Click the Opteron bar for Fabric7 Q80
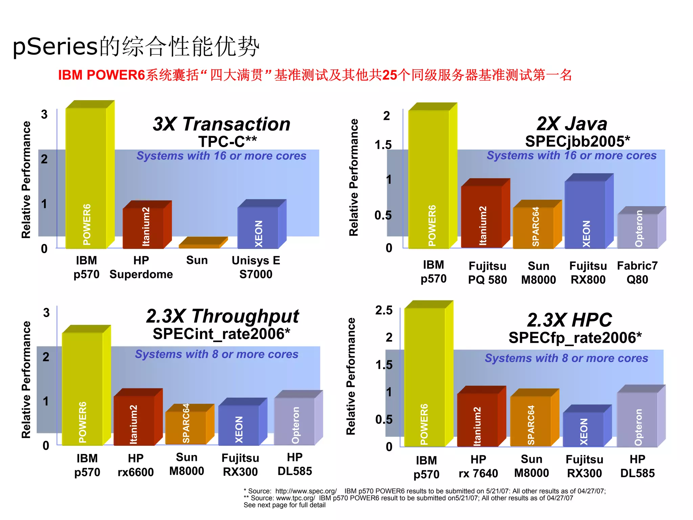click(638, 230)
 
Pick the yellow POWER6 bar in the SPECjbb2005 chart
click(429, 179)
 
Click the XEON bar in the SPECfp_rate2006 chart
click(583, 428)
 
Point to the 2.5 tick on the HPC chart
click(384, 310)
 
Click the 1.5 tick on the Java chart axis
click(383, 145)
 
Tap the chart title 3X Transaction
click(222, 124)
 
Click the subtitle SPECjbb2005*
click(577, 141)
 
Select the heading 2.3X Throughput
click(222, 316)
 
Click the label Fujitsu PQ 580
click(487, 273)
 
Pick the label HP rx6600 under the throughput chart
click(136, 465)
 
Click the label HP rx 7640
click(478, 467)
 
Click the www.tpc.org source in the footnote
click(295, 498)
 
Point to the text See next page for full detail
click(284, 505)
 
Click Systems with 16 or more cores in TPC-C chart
click(221, 156)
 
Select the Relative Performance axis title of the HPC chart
click(351, 376)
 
